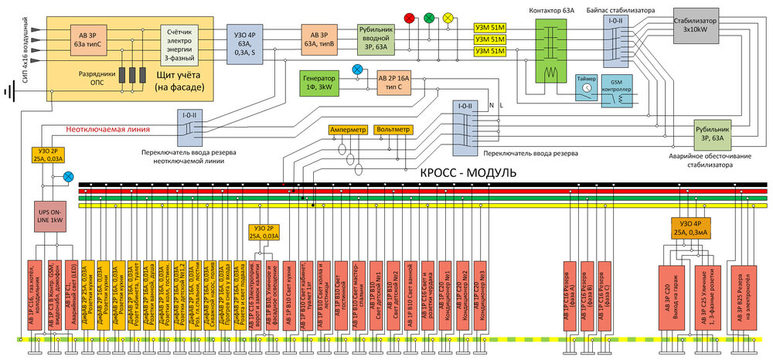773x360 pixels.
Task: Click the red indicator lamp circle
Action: pos(410,17)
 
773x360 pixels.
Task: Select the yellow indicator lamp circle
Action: pos(448,17)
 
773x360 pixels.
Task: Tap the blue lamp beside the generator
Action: pos(356,70)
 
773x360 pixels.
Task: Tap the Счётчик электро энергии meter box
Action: pos(182,42)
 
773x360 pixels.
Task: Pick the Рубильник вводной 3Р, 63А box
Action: pos(377,37)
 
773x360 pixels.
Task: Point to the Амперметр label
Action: pos(348,130)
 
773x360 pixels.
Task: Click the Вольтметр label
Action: pos(393,130)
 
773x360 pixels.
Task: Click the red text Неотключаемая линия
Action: pos(107,129)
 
